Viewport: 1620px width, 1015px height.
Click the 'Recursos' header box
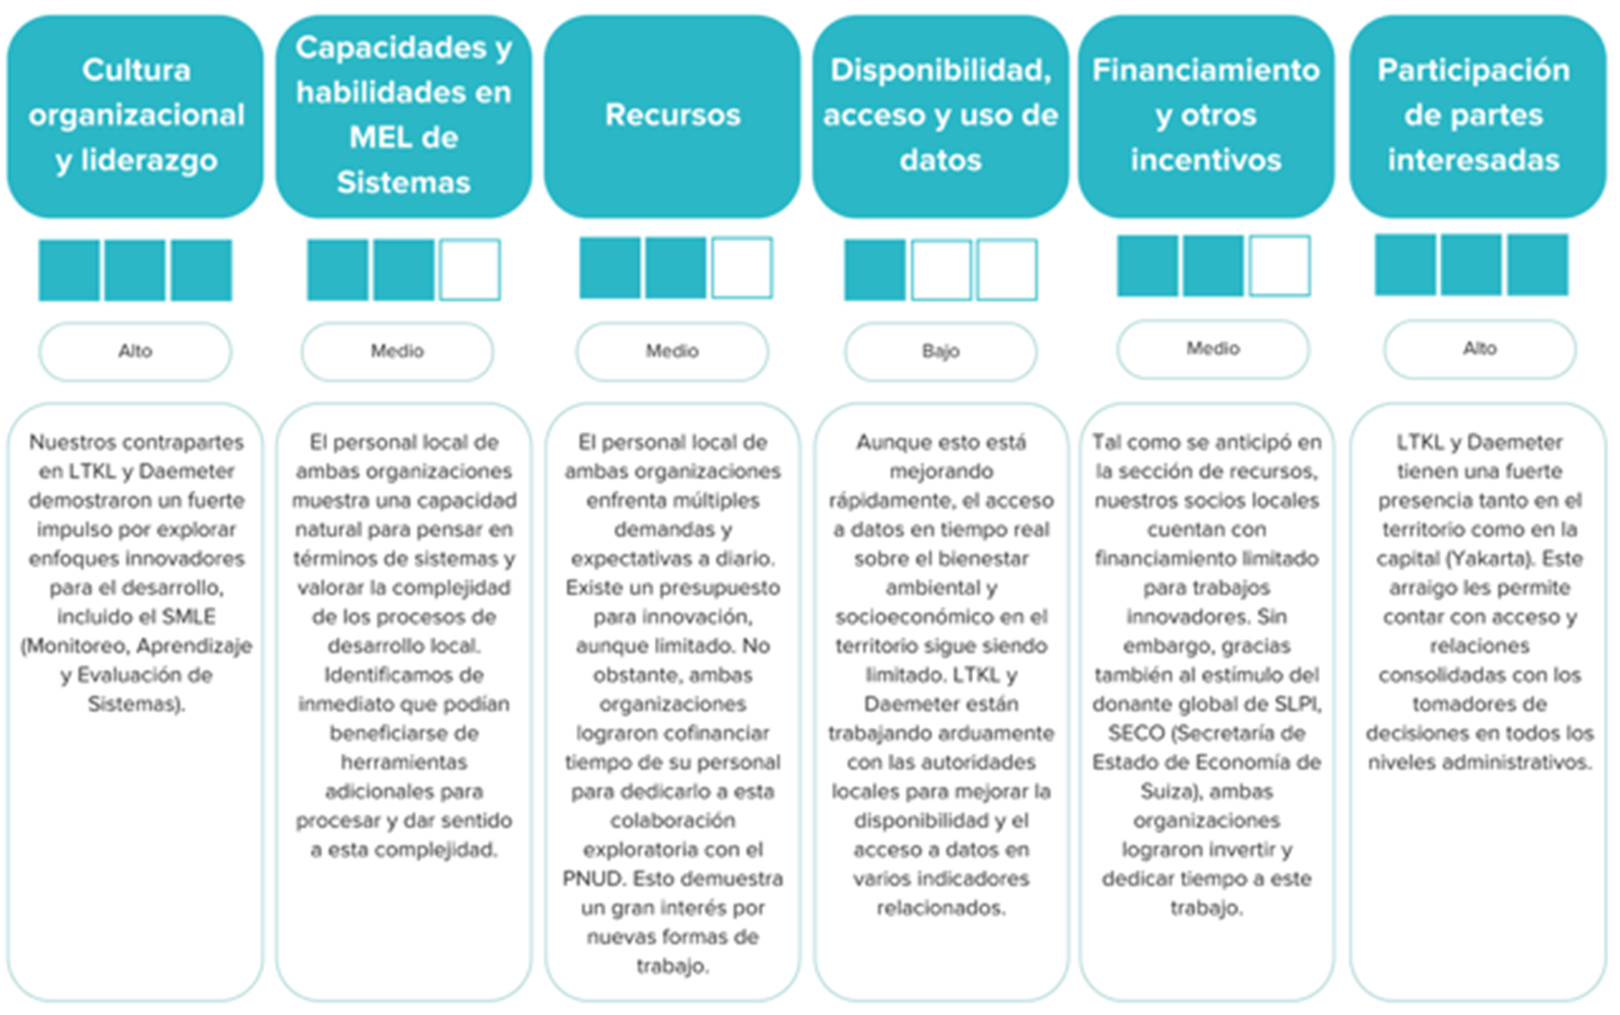(672, 116)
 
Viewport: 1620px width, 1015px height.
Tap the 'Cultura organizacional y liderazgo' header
(135, 116)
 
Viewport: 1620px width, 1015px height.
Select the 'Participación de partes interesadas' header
(1478, 116)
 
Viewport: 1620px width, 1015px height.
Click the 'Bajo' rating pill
(941, 351)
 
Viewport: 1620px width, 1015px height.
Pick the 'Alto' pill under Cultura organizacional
(135, 351)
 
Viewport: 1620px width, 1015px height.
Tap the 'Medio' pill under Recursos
(672, 351)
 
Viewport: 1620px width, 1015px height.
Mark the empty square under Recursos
(742, 267)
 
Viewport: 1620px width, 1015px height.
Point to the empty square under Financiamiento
(1279, 266)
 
